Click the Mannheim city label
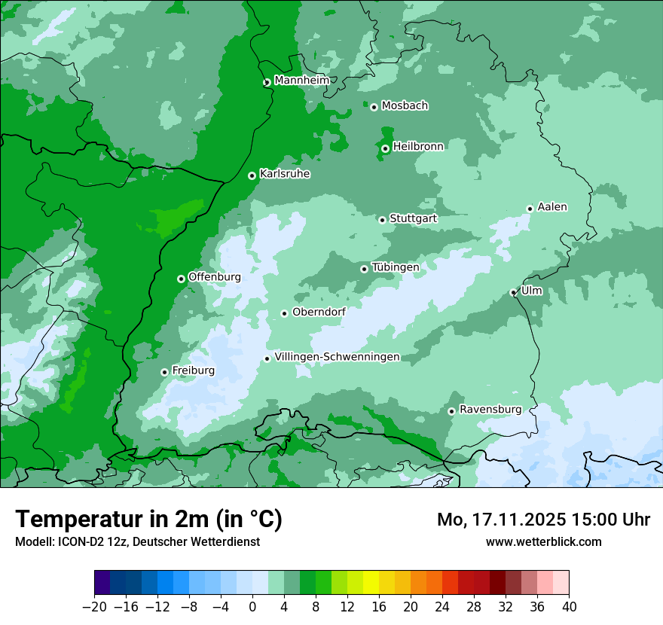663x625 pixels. pos(301,81)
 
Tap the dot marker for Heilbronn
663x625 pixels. pos(385,148)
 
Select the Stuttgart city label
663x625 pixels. pos(413,218)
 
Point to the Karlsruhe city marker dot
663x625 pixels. pos(252,175)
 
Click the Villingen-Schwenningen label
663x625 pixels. pos(337,357)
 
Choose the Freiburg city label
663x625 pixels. pos(193,370)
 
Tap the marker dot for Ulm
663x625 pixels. pos(513,292)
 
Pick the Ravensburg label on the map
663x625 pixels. pos(490,410)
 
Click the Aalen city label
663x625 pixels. pos(552,207)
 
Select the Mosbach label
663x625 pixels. pos(405,106)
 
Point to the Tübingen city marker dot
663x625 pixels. pos(364,269)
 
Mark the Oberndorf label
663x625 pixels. pos(318,312)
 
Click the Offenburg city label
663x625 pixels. pos(215,277)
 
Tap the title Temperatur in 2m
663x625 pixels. pos(148,519)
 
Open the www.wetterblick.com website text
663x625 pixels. pos(543,541)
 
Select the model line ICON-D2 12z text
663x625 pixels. pos(137,541)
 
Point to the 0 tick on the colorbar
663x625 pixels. pos(252,607)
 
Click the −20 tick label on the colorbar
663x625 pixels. pos(94,607)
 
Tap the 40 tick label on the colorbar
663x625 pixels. pos(569,607)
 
